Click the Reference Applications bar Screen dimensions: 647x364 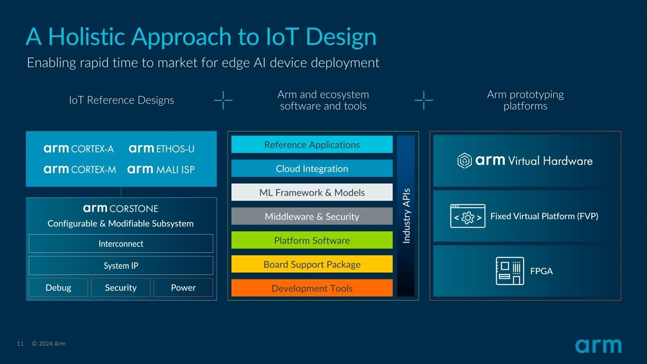[x=312, y=145]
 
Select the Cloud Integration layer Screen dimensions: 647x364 [x=312, y=168]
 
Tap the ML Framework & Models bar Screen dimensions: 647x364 [x=312, y=193]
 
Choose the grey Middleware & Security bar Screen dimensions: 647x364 [x=312, y=216]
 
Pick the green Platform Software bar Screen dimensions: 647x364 [x=312, y=241]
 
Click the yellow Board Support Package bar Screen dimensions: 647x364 [x=312, y=264]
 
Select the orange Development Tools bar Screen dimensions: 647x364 [x=312, y=288]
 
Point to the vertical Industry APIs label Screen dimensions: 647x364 [x=407, y=216]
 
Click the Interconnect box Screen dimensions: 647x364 [x=121, y=244]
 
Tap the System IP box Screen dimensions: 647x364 [x=121, y=265]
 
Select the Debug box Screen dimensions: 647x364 [x=58, y=287]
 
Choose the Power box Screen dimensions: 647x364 [x=183, y=287]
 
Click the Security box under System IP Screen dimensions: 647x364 [x=121, y=287]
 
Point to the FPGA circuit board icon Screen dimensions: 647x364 [x=510, y=271]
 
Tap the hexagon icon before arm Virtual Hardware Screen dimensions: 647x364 [x=465, y=161]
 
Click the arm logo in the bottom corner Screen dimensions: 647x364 [x=598, y=346]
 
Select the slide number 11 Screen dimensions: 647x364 [x=20, y=344]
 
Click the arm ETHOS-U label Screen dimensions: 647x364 [x=161, y=148]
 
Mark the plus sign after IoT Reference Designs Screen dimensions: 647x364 [x=223, y=100]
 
